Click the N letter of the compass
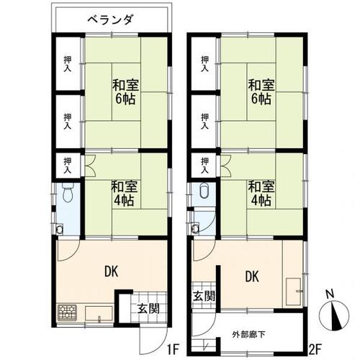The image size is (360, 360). click(x=328, y=294)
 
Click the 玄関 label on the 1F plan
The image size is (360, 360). click(x=149, y=310)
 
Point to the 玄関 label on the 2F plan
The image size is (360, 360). click(x=203, y=295)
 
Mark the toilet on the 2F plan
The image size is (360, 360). click(x=202, y=192)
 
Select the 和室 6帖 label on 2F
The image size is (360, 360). click(x=259, y=90)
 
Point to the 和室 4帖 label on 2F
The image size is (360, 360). click(x=259, y=192)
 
